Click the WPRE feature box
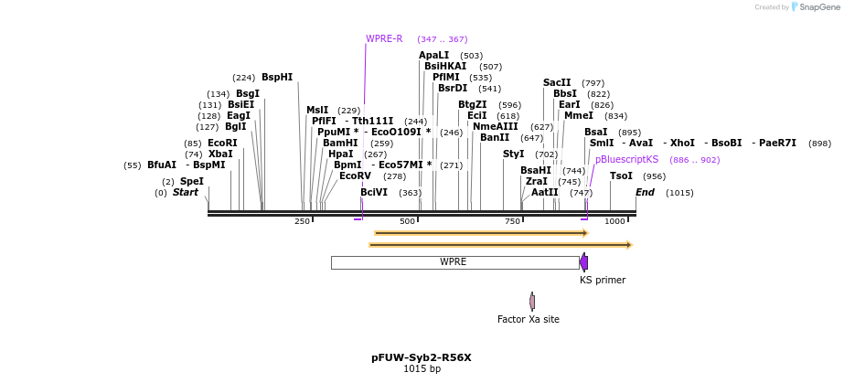(x=454, y=262)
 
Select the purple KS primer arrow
(x=583, y=262)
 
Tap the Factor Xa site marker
(x=532, y=301)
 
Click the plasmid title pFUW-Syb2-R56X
(x=422, y=357)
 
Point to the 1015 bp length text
(x=422, y=369)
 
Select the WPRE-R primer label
(x=384, y=39)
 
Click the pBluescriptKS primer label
(x=626, y=160)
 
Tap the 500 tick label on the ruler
(x=407, y=221)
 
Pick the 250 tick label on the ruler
(x=302, y=221)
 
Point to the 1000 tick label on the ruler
(x=614, y=221)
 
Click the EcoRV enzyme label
(x=355, y=176)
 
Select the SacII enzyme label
(x=557, y=83)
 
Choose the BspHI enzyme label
(x=277, y=78)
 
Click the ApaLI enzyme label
(x=433, y=56)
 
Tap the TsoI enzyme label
(x=621, y=176)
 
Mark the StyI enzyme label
(x=513, y=154)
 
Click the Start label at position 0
(x=185, y=193)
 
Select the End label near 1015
(x=645, y=193)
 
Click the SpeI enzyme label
(x=191, y=182)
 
